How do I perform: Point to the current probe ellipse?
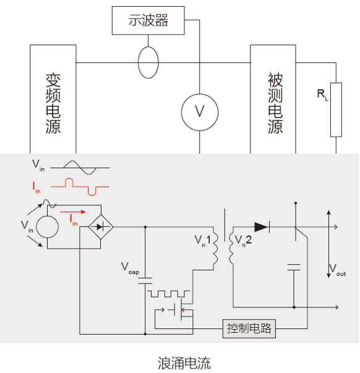[x=138, y=62]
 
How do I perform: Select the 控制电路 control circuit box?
[x=249, y=328]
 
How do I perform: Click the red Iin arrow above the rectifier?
[x=72, y=212]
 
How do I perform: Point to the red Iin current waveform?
[x=80, y=187]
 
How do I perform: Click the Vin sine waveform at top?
[x=80, y=168]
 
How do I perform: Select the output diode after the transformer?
[x=262, y=227]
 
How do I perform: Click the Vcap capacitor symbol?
[x=145, y=281]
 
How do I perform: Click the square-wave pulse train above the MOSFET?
[x=169, y=294]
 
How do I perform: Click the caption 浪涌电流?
[x=184, y=363]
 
